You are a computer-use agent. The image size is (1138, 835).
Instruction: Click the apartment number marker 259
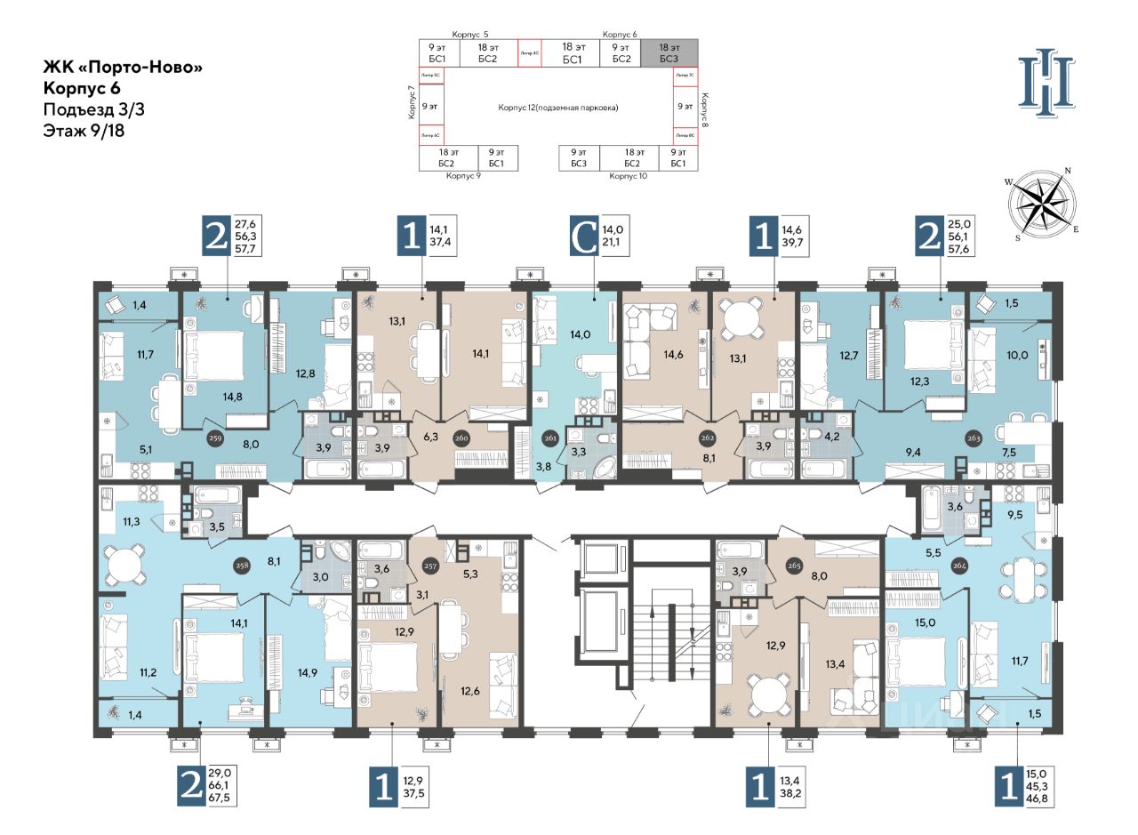[x=214, y=439]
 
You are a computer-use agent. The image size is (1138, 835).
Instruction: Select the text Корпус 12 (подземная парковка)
[x=557, y=108]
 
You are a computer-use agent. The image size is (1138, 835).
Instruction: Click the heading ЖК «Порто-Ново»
[x=116, y=68]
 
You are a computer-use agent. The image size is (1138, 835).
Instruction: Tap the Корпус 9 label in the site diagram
[x=463, y=176]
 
